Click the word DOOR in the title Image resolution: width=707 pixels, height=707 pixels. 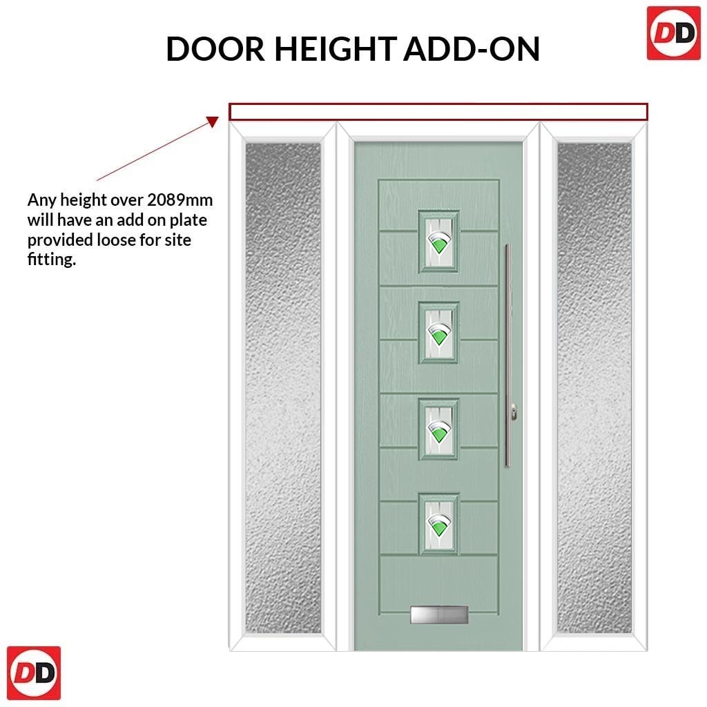coord(215,49)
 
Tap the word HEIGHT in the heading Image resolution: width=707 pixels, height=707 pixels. coord(336,49)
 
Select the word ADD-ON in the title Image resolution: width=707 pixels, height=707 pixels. coord(472,49)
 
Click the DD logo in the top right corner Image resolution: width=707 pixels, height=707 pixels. coord(674,33)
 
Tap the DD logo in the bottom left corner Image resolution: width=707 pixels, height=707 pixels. coord(34,672)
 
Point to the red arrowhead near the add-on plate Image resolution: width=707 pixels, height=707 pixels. coord(213,122)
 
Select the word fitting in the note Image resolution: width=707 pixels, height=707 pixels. coord(50,260)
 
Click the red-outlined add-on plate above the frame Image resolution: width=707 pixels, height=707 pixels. coord(438,104)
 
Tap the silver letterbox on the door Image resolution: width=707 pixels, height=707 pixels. coord(438,615)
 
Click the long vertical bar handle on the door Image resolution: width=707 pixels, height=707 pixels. coord(507,356)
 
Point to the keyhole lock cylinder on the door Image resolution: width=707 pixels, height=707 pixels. coord(513,412)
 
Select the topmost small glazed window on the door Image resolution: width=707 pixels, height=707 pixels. coord(438,242)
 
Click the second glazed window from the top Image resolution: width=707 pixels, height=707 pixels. coord(438,333)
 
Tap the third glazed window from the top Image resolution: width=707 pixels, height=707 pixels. coord(438,429)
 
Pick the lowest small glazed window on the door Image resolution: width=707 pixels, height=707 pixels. coord(438,524)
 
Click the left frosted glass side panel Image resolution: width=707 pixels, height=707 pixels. coord(283,388)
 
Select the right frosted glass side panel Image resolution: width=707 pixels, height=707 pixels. coord(594,388)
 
